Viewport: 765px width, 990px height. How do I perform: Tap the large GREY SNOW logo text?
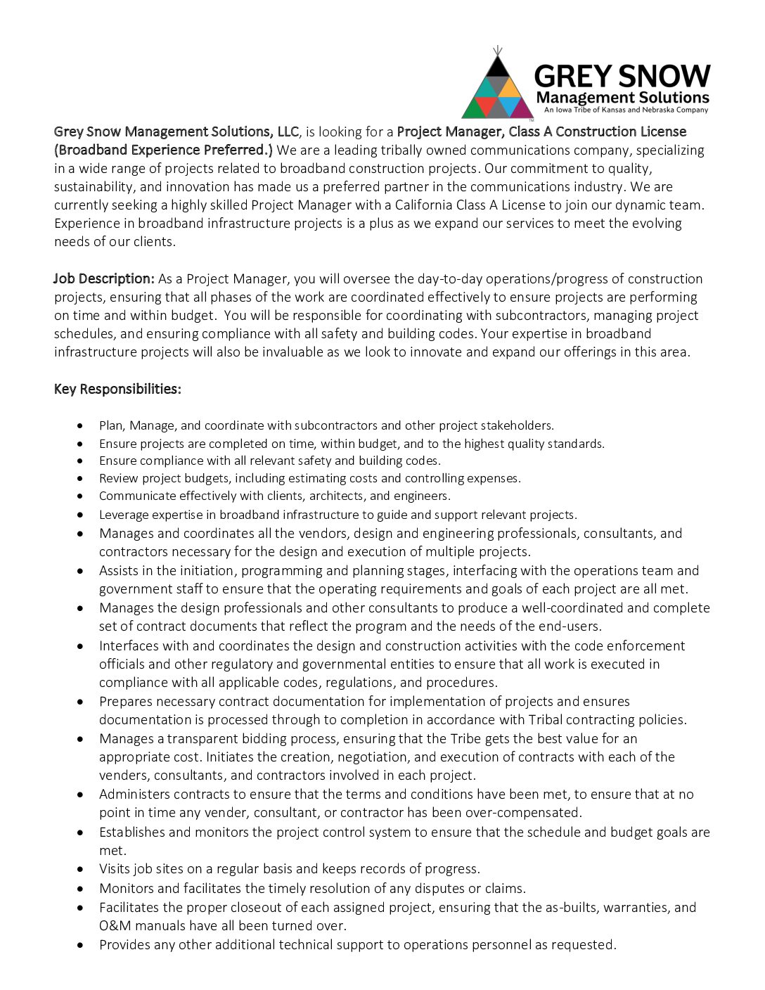[x=622, y=76]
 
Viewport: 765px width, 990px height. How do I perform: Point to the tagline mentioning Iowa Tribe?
[x=626, y=110]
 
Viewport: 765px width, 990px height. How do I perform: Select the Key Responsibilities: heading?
[x=117, y=390]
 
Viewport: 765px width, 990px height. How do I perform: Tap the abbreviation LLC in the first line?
[x=288, y=131]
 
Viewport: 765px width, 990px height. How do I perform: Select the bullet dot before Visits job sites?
[x=81, y=870]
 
